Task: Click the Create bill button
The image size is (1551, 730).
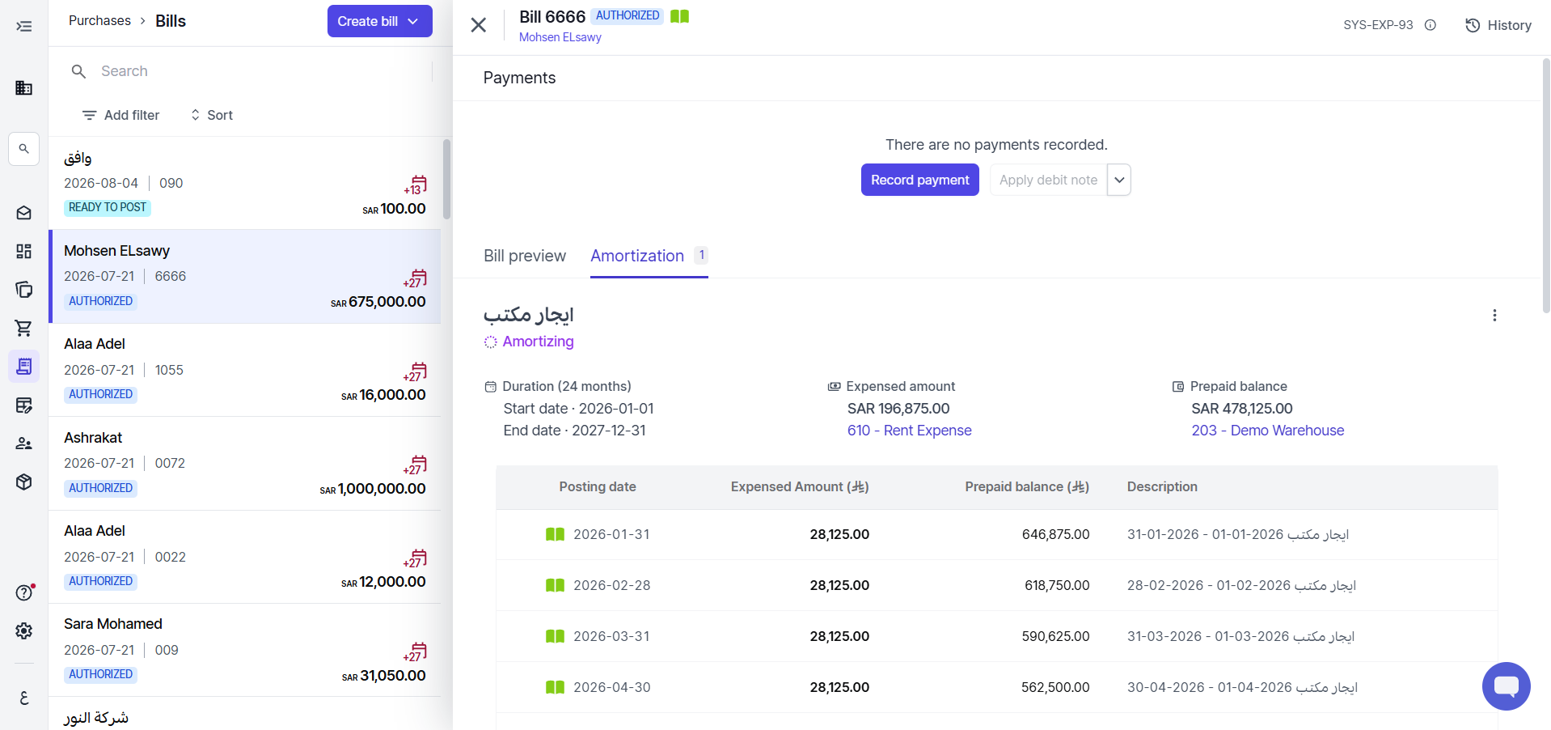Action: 379,21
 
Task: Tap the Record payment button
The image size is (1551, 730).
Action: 919,180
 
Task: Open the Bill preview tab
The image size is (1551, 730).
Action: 525,256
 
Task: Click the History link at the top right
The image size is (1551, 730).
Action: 1498,25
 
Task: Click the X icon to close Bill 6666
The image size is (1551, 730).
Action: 479,25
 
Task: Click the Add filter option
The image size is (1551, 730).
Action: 121,115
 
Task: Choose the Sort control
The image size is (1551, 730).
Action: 211,115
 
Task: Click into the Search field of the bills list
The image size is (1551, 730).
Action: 259,71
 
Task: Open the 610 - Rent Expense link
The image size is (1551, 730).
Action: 909,431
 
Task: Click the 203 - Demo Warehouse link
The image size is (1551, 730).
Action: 1267,431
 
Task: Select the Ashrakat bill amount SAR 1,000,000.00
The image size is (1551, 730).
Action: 373,489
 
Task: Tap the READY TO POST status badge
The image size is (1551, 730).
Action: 108,207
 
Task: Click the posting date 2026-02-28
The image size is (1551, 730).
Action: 612,585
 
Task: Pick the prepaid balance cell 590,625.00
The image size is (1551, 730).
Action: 1055,636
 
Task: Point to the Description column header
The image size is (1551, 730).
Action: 1162,486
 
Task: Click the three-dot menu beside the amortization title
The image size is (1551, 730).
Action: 1494,315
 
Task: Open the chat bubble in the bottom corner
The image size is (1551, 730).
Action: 1506,686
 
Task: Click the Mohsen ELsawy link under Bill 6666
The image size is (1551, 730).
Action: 560,37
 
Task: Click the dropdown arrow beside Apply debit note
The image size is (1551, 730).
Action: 1119,180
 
